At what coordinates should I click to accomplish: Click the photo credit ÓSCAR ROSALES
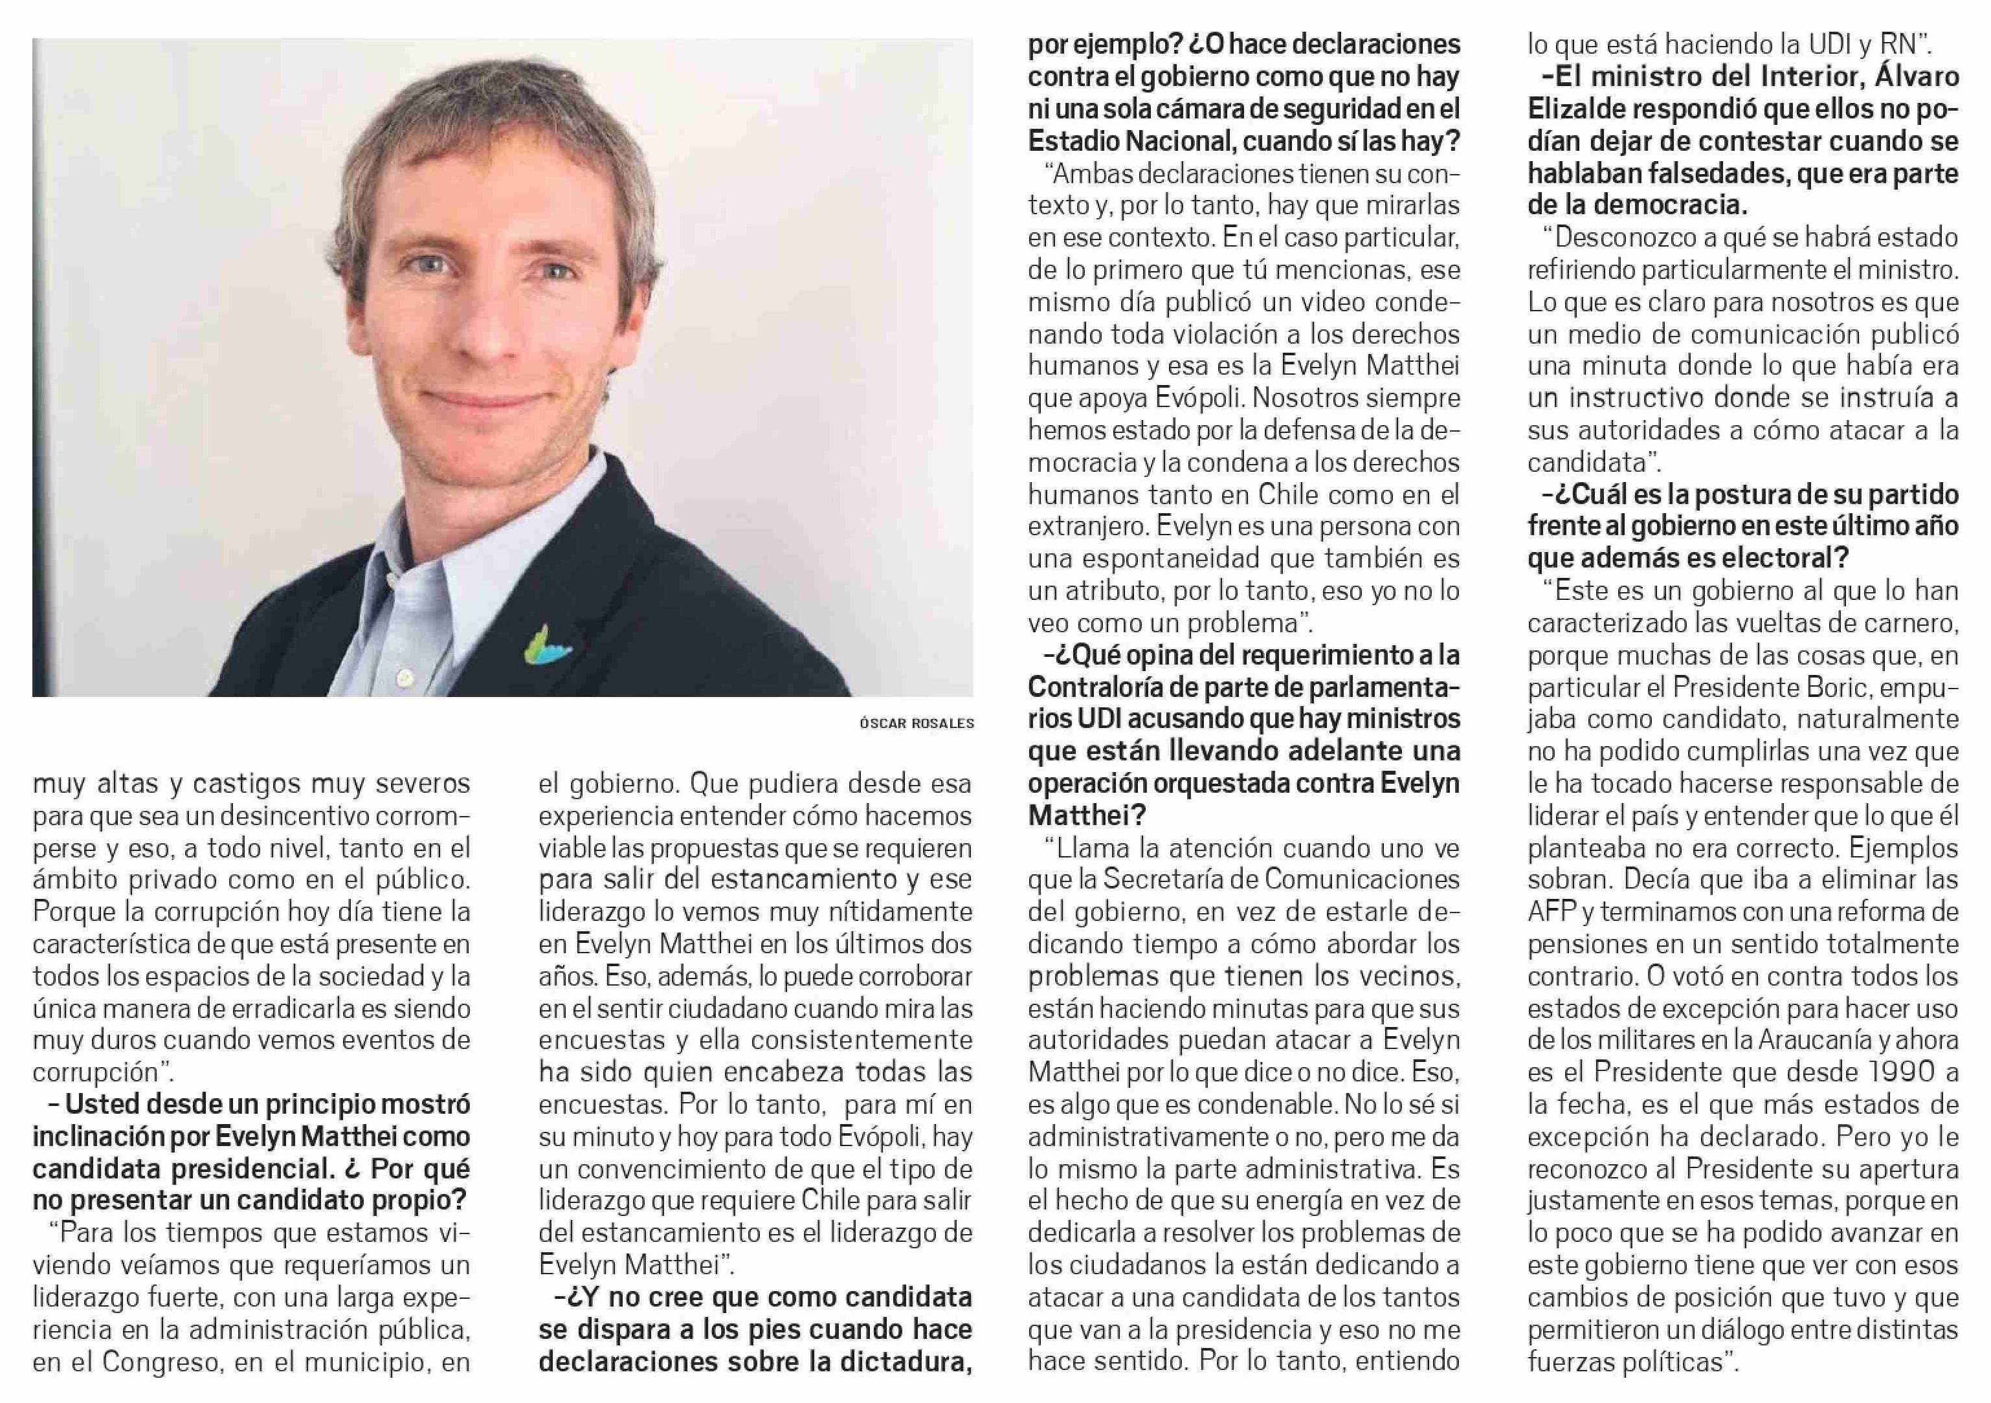pyautogui.click(x=917, y=723)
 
